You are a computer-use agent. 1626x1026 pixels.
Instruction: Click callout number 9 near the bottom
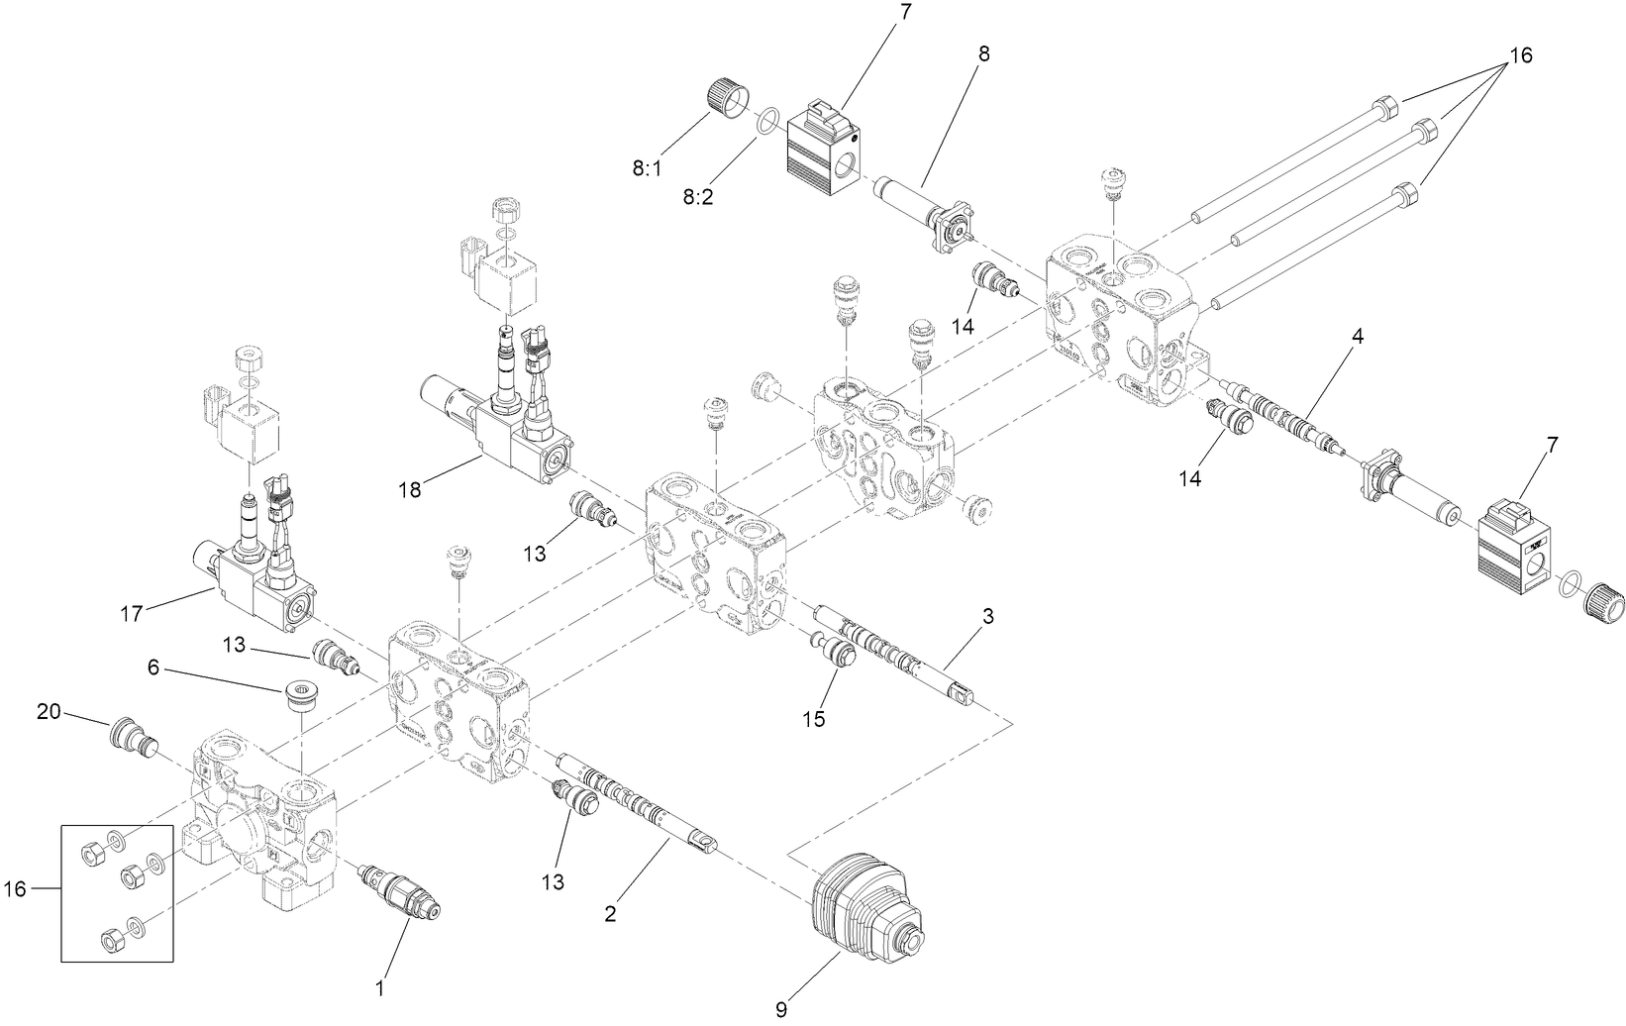coord(781,1010)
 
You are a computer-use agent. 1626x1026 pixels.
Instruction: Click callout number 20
coord(51,711)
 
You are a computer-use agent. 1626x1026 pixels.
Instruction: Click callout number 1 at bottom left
coord(378,986)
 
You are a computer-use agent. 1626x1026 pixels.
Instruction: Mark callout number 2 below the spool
coord(612,913)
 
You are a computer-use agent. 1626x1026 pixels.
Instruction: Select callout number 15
coord(813,719)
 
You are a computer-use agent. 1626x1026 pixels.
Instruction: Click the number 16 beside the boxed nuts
coord(15,889)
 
